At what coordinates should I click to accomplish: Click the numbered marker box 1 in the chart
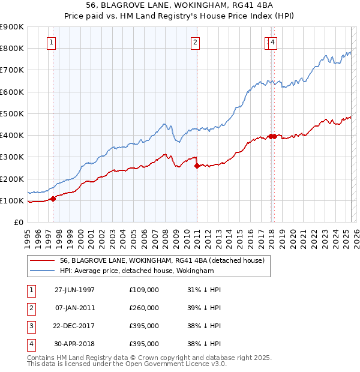coord(52,42)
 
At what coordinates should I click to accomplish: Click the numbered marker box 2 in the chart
coord(196,42)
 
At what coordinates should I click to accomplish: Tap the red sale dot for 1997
coord(53,199)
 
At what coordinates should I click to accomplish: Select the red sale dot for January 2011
coord(197,166)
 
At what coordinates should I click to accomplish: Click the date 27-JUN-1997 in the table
coord(74,290)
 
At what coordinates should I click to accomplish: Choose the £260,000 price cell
coord(144,308)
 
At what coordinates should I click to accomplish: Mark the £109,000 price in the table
coord(144,290)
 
